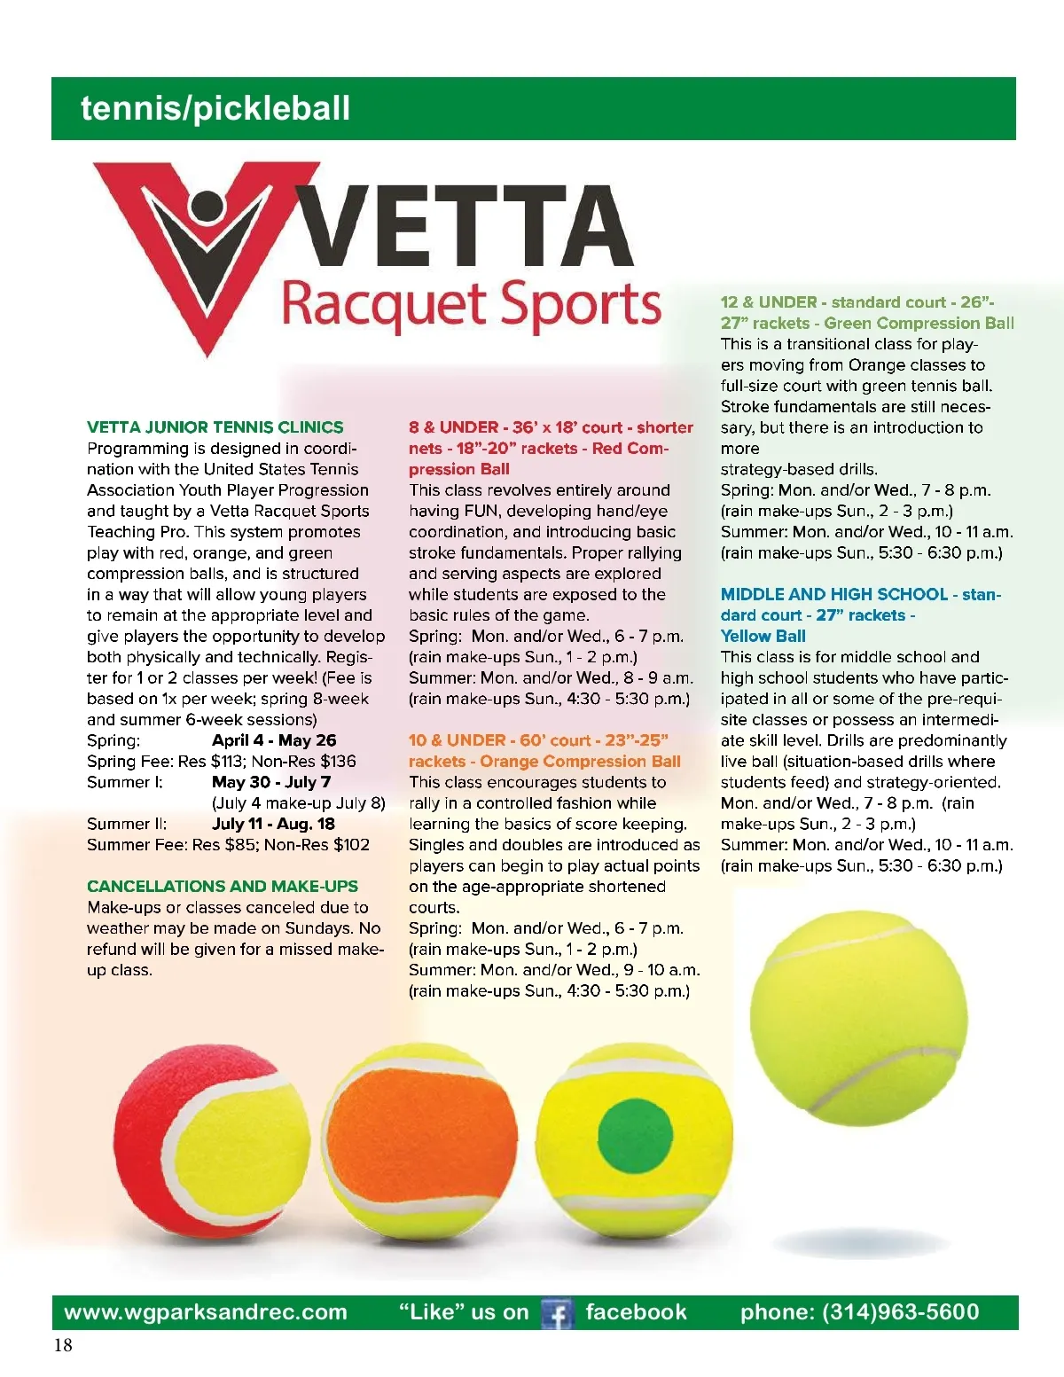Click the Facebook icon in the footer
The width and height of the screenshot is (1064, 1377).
pyautogui.click(x=558, y=1313)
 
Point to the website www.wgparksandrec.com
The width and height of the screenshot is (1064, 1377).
pyautogui.click(x=206, y=1312)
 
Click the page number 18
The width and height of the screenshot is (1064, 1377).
pyautogui.click(x=63, y=1345)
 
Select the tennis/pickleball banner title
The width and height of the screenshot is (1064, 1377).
pyautogui.click(x=215, y=108)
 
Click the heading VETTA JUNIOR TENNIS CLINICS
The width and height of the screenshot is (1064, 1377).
pyautogui.click(x=215, y=427)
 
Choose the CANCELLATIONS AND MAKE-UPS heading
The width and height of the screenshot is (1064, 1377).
pyautogui.click(x=223, y=887)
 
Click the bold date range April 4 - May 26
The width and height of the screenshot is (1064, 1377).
pyautogui.click(x=274, y=740)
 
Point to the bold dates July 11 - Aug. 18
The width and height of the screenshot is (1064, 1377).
pyautogui.click(x=273, y=824)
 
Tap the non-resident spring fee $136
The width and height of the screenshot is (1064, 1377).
pyautogui.click(x=338, y=762)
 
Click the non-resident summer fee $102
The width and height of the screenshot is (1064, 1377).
pyautogui.click(x=351, y=845)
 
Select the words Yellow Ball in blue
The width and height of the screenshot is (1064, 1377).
pyautogui.click(x=763, y=636)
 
